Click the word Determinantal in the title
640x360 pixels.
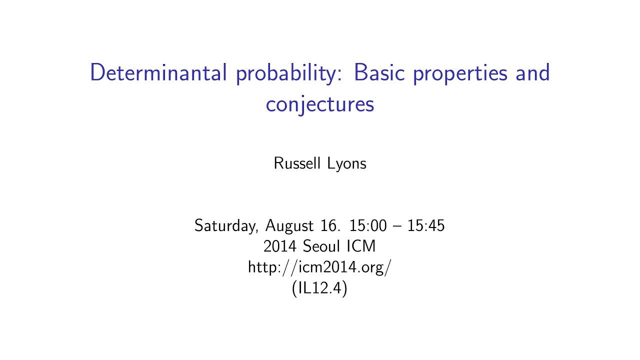tap(158, 73)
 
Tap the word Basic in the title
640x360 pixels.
tap(380, 73)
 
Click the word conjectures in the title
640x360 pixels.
tap(320, 105)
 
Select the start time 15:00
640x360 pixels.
tap(368, 225)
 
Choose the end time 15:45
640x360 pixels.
tap(426, 225)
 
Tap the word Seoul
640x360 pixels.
tap(320, 246)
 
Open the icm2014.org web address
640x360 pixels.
tap(319, 268)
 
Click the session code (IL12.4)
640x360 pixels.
tap(319, 289)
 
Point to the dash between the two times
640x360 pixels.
tap(397, 226)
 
